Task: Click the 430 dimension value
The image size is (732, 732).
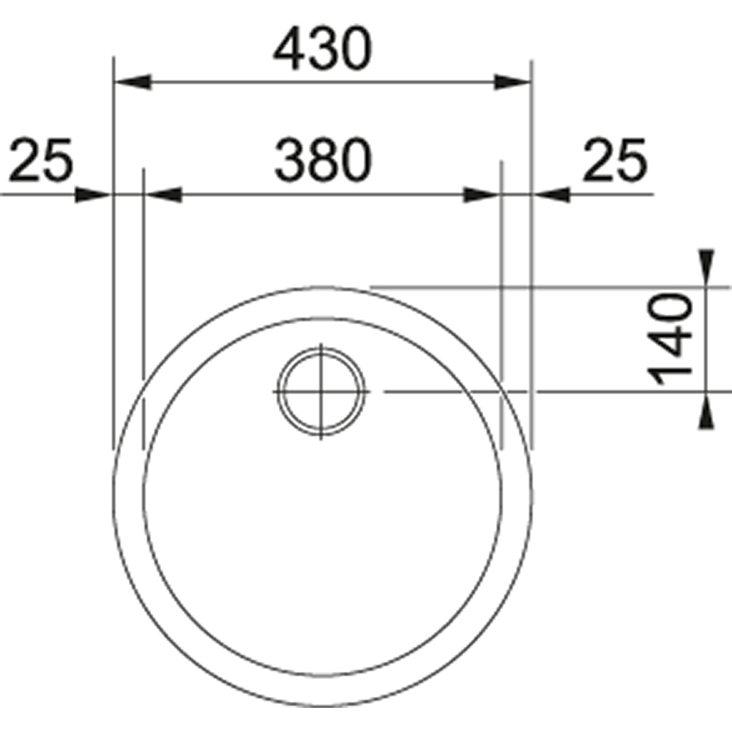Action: coord(323,48)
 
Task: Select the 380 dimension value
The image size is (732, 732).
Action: coord(323,160)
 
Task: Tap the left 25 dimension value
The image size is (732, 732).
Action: coord(41,160)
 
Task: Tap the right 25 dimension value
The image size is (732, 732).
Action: coord(615,160)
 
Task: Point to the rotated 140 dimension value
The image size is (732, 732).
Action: coord(669,339)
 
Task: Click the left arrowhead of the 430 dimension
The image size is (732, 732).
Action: coord(133,82)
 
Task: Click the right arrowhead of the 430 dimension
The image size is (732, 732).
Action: coord(512,82)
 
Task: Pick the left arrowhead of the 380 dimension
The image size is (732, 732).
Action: coord(163,195)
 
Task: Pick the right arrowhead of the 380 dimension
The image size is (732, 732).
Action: coord(482,195)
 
